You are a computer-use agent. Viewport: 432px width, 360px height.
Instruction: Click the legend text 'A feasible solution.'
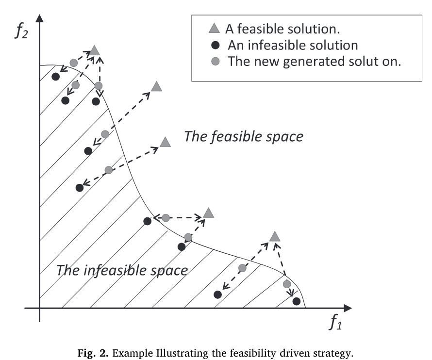point(282,29)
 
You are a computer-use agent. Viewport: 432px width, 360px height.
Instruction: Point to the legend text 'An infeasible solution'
point(293,46)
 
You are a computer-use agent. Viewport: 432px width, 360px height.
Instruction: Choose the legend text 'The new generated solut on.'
point(314,62)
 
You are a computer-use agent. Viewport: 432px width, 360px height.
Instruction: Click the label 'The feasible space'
point(243,137)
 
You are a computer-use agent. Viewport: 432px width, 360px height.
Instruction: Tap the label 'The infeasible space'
point(122,270)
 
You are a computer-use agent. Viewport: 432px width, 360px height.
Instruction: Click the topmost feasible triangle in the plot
point(95,50)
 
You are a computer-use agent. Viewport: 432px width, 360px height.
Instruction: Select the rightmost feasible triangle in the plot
point(275,236)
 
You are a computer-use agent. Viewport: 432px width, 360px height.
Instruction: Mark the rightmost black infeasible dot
point(296,301)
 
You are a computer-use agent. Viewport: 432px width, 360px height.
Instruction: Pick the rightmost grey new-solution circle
point(286,284)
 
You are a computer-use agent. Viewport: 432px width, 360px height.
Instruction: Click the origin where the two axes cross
point(40,308)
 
